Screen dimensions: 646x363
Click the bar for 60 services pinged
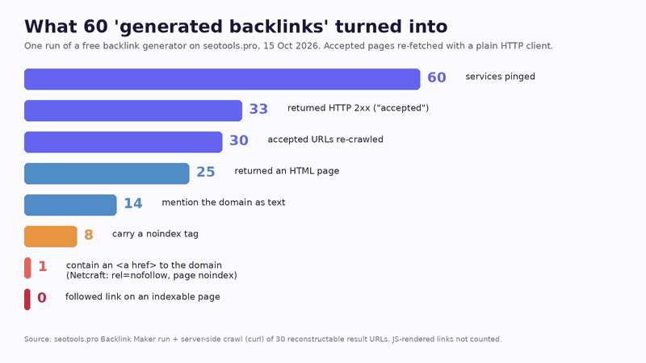pos(222,79)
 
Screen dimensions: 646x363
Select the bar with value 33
pos(133,111)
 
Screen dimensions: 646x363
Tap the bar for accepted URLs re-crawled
pos(124,142)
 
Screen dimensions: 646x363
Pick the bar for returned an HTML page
pos(107,173)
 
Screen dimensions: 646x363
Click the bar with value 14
pos(70,205)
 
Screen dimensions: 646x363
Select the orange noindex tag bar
pos(51,236)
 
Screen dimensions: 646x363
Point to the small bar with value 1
pos(27,268)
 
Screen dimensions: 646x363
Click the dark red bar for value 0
pos(27,299)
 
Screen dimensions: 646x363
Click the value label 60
pos(437,77)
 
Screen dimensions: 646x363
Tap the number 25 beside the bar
pos(206,172)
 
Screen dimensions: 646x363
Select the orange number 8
pos(89,235)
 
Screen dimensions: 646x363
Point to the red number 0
pos(42,298)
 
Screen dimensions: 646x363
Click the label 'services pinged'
pos(500,77)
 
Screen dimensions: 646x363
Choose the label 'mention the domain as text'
pos(224,202)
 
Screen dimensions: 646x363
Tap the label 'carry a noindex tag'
pos(155,234)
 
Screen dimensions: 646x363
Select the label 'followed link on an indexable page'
pos(143,297)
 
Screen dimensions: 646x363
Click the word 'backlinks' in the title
pos(279,27)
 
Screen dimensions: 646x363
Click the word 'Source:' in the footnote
pos(38,339)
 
